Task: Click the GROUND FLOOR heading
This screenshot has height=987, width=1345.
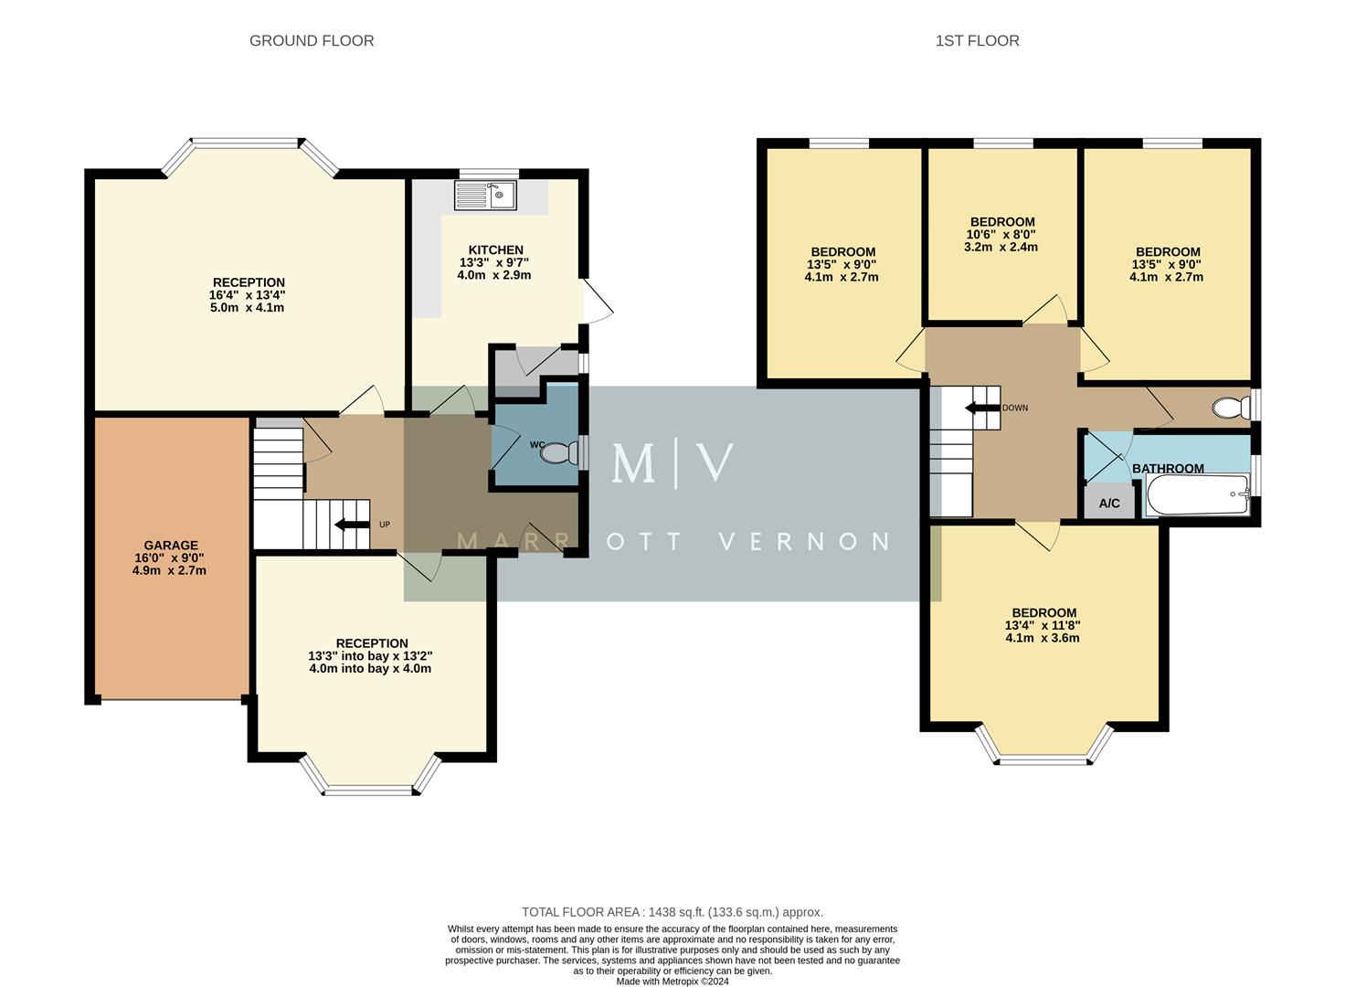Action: [x=312, y=40]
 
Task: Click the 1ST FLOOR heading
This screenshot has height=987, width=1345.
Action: [x=977, y=40]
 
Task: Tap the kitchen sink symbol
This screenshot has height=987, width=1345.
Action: [x=487, y=194]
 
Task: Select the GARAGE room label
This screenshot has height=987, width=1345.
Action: [x=170, y=546]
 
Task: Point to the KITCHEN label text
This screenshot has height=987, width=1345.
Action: [x=495, y=249]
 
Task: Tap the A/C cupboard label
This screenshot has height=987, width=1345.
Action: [x=1109, y=504]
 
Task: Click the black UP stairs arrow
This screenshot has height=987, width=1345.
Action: [x=350, y=525]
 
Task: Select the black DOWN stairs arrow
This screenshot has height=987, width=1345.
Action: [x=982, y=408]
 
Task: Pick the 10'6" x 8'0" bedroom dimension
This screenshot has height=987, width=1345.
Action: [x=1002, y=234]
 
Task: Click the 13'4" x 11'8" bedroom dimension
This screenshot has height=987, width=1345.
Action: [x=1043, y=625]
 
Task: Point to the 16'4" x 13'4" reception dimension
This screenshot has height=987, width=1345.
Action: [x=249, y=295]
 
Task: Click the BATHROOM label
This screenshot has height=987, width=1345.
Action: [x=1168, y=468]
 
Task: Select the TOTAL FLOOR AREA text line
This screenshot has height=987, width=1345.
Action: [x=672, y=912]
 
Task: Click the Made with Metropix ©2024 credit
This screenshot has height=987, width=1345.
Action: [x=672, y=982]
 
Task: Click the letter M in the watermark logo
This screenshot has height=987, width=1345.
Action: [x=633, y=463]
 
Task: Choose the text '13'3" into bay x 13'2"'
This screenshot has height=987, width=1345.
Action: [x=370, y=655]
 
